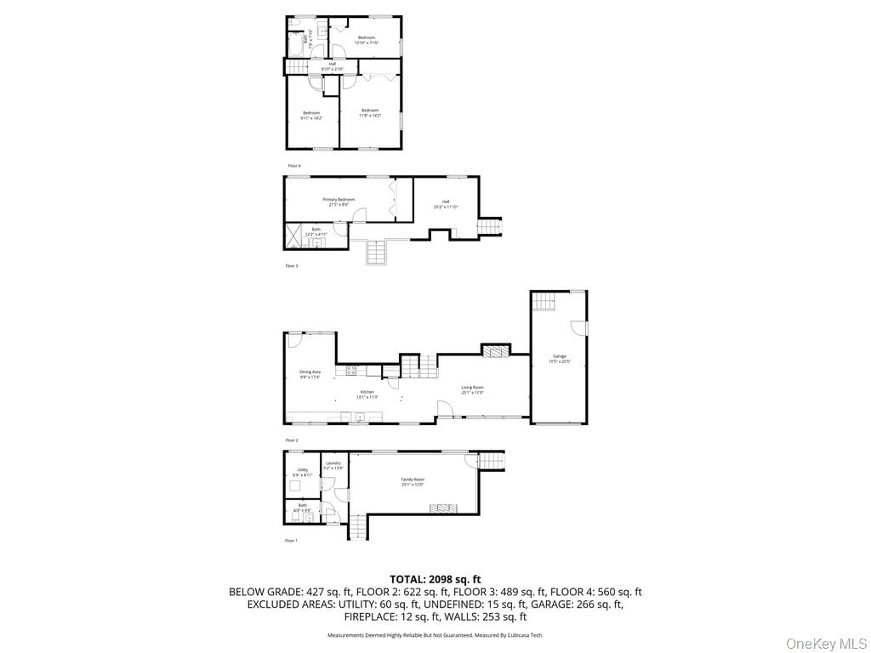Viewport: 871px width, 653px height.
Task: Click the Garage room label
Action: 559,358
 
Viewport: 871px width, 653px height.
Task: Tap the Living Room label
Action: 472,389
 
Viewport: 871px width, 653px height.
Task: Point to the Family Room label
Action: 413,481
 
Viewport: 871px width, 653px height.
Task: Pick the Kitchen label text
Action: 367,394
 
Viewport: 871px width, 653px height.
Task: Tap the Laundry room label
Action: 333,465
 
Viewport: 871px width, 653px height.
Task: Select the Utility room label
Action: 302,471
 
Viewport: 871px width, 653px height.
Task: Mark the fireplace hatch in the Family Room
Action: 443,508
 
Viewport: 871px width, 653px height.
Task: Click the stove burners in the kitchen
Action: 351,370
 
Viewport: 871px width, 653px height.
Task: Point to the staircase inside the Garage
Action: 544,301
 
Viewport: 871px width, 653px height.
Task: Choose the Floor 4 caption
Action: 293,165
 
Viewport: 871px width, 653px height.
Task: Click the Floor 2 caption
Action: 291,440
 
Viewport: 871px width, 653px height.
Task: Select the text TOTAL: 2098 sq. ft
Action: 435,579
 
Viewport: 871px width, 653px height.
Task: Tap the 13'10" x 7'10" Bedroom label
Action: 367,40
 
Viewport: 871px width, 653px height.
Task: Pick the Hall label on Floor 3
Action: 446,204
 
